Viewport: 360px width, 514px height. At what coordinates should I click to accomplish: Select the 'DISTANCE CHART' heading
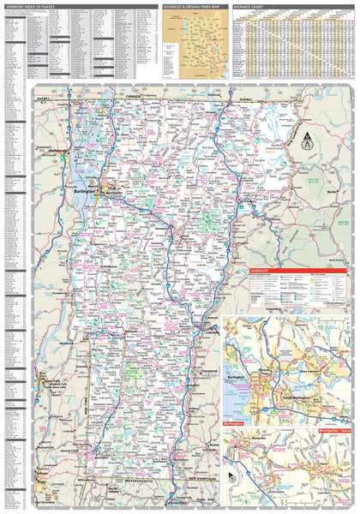point(252,6)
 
